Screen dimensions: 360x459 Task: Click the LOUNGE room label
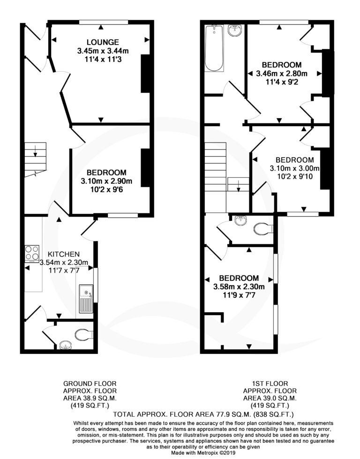[103, 43]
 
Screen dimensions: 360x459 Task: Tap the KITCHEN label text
[64, 254]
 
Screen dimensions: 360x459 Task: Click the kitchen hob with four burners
[32, 254]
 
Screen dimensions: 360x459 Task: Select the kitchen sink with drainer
[86, 298]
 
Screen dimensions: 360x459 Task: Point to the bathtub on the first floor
[214, 48]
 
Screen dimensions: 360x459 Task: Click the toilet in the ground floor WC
[84, 334]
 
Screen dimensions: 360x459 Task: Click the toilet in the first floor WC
[263, 229]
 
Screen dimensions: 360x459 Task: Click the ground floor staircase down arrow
[35, 151]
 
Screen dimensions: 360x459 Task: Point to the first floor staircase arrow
[239, 186]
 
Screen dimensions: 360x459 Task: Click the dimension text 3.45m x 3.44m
[103, 51]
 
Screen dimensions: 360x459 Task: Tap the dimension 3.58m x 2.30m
[239, 286]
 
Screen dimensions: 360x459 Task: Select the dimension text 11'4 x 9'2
[282, 82]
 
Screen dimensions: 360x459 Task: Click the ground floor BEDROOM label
[106, 173]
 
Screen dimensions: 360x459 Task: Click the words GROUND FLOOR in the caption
[90, 384]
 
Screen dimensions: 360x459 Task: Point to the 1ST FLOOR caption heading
[270, 384]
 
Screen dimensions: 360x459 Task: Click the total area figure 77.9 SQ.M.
[226, 414]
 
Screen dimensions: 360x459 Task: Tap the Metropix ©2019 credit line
[203, 452]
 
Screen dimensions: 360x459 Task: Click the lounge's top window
[104, 22]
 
